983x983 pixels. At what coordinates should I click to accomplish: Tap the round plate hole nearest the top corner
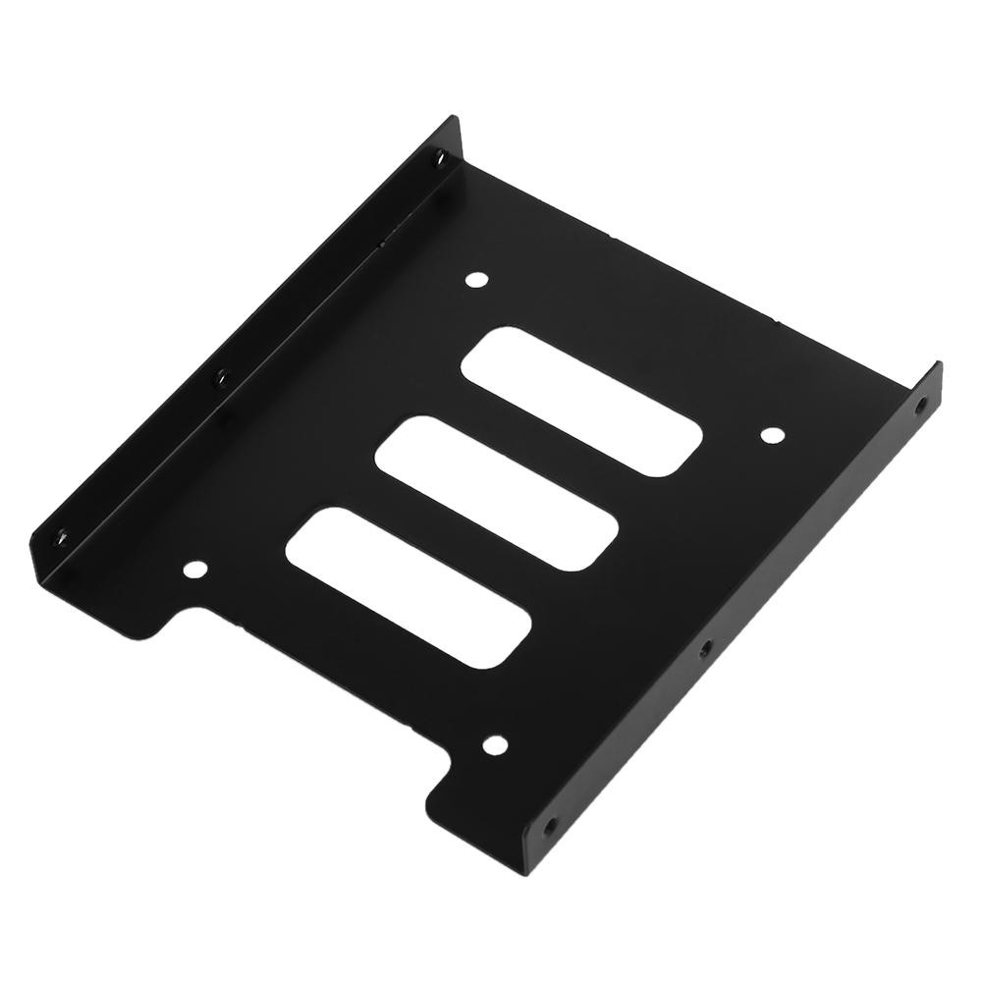(x=477, y=281)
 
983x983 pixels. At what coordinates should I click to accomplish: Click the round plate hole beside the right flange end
(x=772, y=435)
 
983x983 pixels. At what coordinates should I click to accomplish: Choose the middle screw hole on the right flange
(x=703, y=649)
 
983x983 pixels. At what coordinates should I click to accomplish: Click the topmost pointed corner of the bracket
(x=456, y=118)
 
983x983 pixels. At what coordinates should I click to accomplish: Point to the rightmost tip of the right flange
(x=942, y=365)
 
